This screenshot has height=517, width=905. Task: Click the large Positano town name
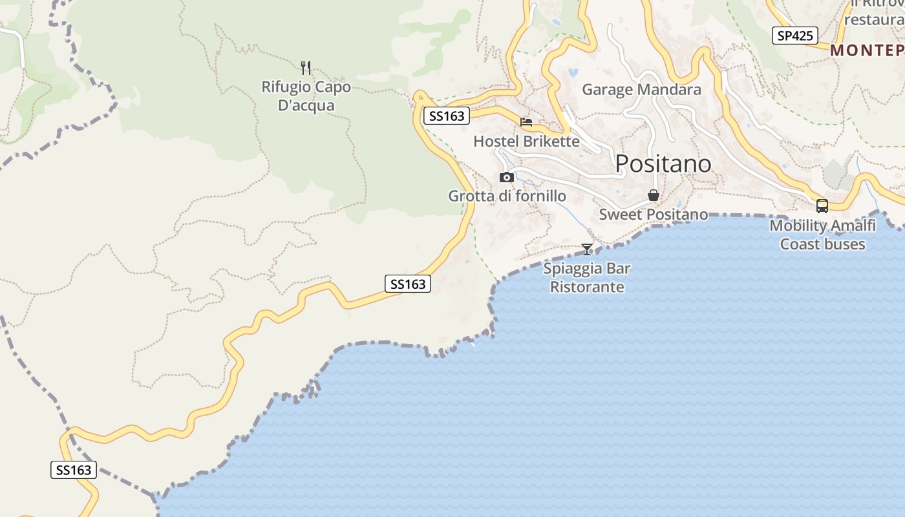pos(663,164)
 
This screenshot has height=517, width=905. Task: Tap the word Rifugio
pos(285,87)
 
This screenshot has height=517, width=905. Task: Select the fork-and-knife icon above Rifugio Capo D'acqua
pos(306,67)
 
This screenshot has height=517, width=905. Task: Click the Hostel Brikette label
pos(526,141)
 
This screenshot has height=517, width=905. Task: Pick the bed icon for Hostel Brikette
pos(526,121)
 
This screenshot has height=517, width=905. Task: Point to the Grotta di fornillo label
pos(507,196)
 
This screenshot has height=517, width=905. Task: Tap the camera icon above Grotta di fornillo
pos(507,177)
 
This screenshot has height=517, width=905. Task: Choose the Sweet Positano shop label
pos(653,214)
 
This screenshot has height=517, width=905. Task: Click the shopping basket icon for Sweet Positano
pos(654,195)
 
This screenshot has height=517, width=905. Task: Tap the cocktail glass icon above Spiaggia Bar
pos(587,249)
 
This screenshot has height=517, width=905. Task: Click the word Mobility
pos(798,226)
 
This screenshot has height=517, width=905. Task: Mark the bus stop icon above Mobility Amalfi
pos(822,206)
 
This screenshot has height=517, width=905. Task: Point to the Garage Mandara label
pos(641,89)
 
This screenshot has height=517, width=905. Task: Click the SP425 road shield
pos(794,36)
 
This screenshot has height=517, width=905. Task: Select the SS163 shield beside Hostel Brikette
pos(447,116)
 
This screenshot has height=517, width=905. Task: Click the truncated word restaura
pos(874,19)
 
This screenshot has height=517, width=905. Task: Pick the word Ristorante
pos(587,287)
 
